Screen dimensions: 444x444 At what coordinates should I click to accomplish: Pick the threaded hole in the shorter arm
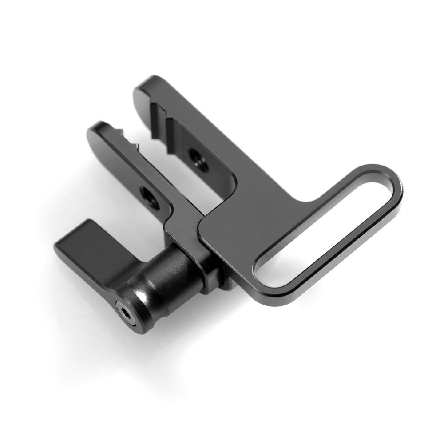tap(145, 193)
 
